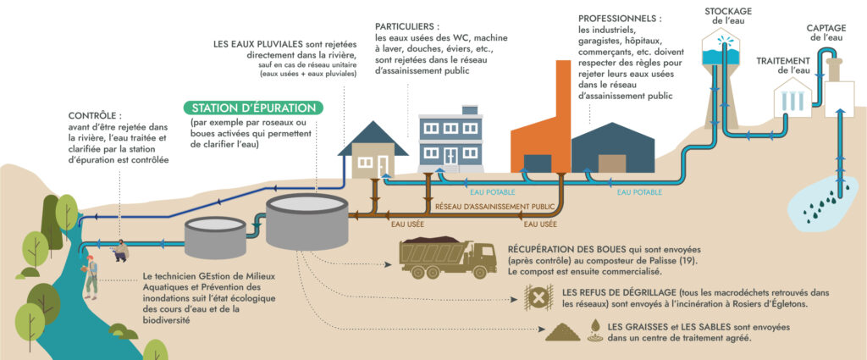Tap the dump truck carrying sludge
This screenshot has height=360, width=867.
pyautogui.click(x=447, y=256)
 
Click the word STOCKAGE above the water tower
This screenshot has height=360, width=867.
pyautogui.click(x=727, y=11)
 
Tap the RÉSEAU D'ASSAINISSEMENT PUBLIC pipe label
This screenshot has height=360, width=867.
pyautogui.click(x=494, y=206)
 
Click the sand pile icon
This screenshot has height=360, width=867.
pyautogui.click(x=562, y=331)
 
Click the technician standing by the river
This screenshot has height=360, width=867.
pyautogui.click(x=91, y=275)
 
